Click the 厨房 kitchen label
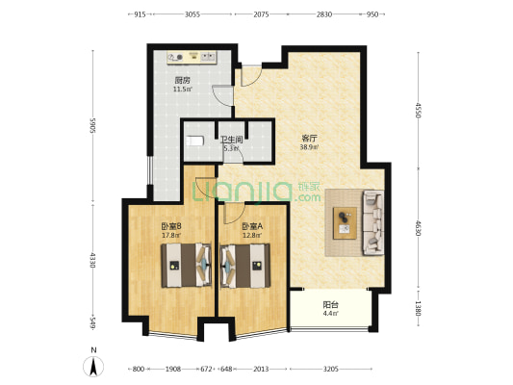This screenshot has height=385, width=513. point(182,81)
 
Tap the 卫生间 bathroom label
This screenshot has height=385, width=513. point(230,140)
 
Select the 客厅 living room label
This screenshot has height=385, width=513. point(309,139)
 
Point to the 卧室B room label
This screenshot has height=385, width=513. point(171,225)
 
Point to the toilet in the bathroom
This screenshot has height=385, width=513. point(196,141)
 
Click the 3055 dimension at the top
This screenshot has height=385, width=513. point(192,14)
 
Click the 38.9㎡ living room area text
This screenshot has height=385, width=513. point(309,147)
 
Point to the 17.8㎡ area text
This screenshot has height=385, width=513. point(171,234)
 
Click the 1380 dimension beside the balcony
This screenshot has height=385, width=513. point(418,309)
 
